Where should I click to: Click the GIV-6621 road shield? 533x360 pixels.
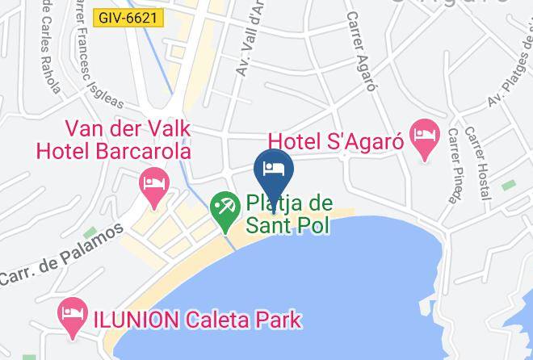[128, 16]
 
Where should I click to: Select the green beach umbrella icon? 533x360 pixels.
[224, 207]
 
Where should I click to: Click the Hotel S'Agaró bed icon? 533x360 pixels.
[423, 131]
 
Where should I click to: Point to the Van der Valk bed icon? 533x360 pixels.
[152, 182]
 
